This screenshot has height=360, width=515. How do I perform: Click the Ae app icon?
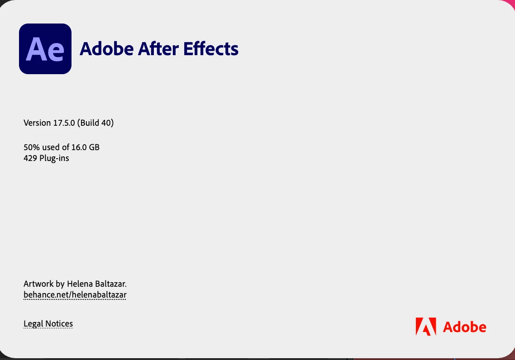[45, 48]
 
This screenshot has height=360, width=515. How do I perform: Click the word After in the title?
[158, 48]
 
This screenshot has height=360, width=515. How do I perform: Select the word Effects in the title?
[211, 48]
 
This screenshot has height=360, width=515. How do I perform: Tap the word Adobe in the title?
[107, 48]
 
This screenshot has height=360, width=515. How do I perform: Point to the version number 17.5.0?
[64, 123]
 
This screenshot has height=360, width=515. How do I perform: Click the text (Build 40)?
[95, 123]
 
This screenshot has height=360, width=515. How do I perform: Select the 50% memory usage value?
[32, 147]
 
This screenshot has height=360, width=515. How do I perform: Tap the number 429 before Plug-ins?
[30, 158]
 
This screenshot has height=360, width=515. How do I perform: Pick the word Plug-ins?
[54, 158]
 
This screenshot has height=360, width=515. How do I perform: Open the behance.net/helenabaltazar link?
[75, 295]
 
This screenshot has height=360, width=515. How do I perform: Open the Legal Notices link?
[48, 323]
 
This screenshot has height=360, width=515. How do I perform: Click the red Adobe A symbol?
[426, 327]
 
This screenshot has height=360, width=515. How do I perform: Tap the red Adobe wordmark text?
[464, 327]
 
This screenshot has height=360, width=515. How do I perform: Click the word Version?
[37, 123]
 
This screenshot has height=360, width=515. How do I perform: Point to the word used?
[51, 147]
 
